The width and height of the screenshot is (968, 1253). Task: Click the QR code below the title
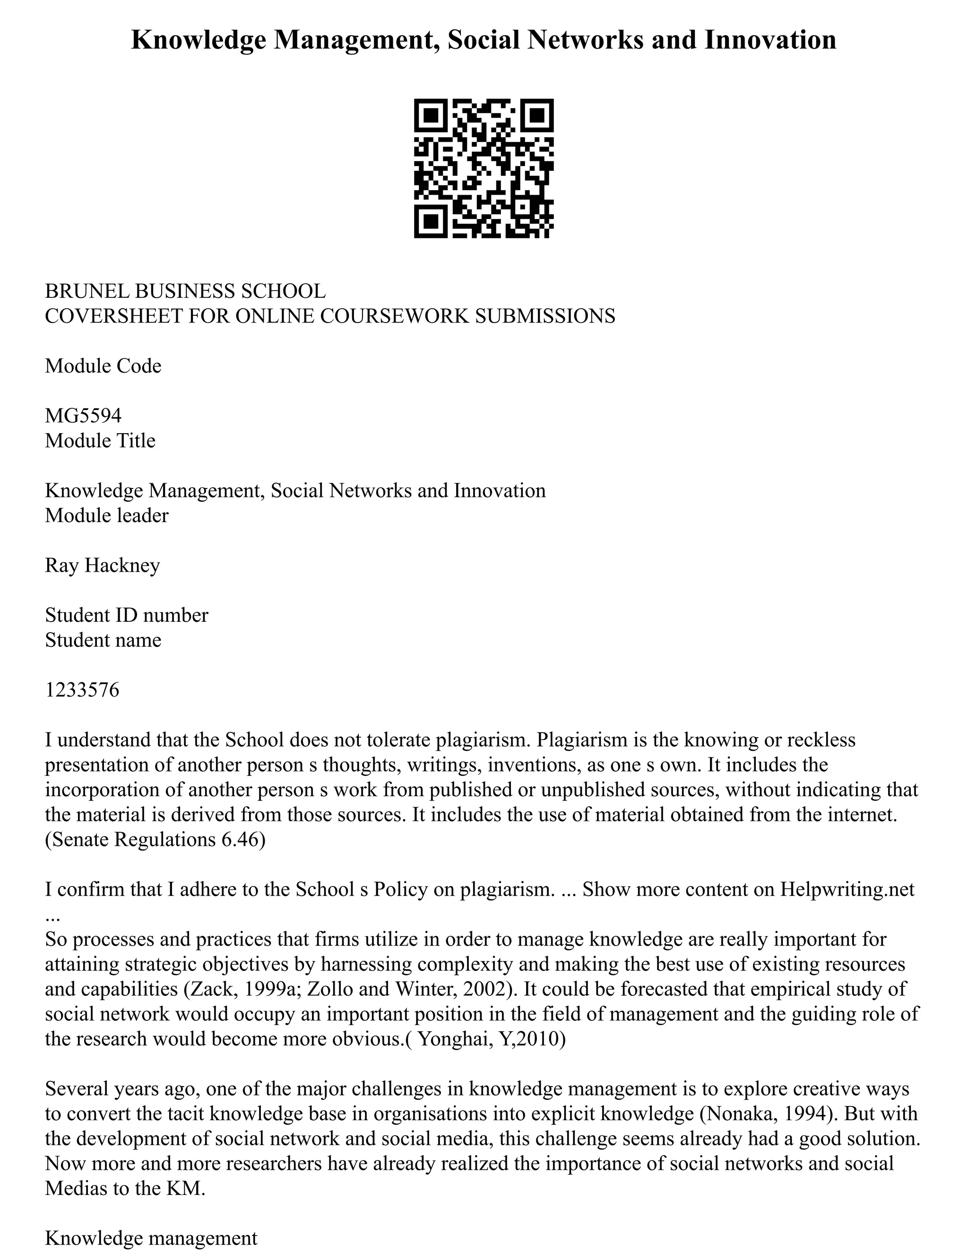(484, 168)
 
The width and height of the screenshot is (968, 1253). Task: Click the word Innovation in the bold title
(769, 40)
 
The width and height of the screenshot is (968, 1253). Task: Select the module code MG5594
(83, 415)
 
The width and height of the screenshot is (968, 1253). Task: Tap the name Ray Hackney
(103, 565)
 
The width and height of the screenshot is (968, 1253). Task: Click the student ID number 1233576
(82, 689)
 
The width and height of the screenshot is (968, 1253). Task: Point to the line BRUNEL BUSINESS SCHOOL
(185, 291)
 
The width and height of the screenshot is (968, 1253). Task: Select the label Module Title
(100, 441)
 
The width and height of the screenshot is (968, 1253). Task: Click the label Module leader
(107, 515)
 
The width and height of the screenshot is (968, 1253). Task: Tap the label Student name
(103, 640)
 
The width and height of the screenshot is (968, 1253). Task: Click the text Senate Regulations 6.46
(155, 839)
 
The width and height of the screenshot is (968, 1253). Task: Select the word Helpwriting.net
(847, 889)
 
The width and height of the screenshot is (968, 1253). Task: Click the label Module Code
(103, 365)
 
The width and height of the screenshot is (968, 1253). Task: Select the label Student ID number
(127, 615)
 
